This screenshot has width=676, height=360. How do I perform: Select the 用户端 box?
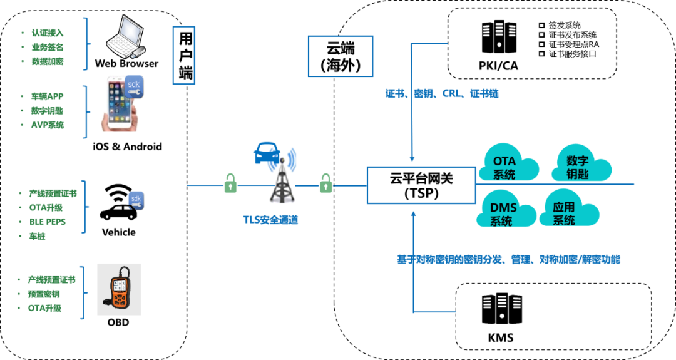tap(183, 55)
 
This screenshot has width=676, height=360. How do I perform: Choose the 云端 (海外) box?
tap(340, 56)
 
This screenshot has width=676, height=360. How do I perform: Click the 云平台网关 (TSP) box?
tap(421, 185)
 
